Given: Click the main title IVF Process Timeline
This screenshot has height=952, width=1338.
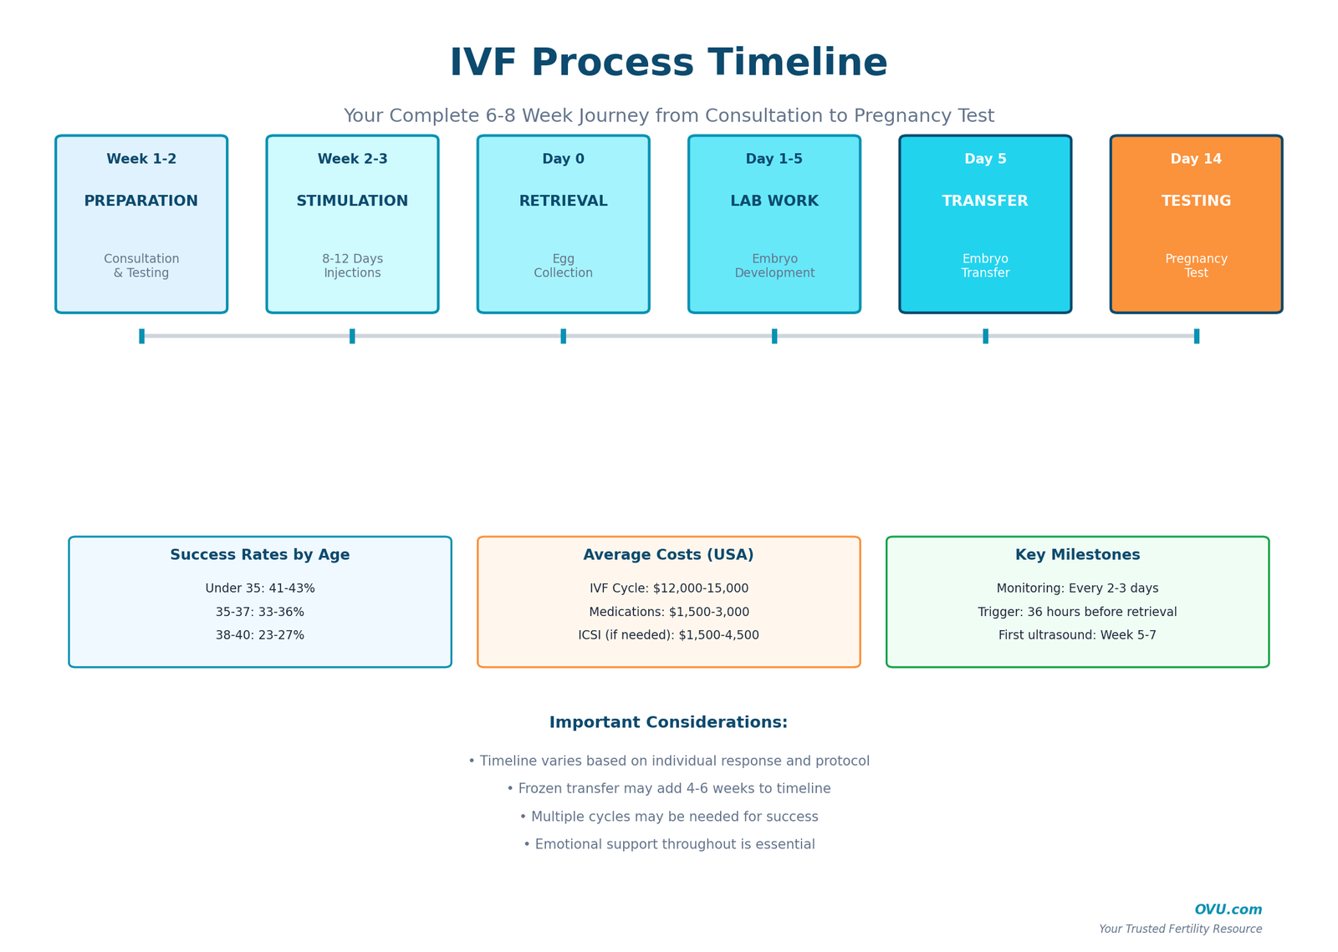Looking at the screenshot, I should coord(668,64).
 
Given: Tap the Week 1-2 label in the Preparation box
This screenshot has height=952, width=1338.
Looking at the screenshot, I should coord(141,159).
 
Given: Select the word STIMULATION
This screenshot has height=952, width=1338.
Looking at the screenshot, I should coord(352,201).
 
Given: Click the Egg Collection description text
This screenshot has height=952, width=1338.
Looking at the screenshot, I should coord(563,266).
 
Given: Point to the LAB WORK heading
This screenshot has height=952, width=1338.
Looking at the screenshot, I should coord(774,201).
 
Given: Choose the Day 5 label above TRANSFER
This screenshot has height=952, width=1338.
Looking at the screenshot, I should coord(985,159).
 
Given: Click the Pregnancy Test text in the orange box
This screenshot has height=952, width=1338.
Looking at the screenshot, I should coord(1196,266).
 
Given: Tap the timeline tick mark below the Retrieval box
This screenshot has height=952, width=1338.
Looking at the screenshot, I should coord(564,336).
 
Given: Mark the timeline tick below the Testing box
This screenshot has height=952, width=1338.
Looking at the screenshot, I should coord(1197,336).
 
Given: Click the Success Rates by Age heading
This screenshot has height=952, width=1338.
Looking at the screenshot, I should coord(260,555).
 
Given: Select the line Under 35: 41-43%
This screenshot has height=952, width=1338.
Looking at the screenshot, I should coord(260,588).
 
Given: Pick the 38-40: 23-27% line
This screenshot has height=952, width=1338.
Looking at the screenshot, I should coord(260,635).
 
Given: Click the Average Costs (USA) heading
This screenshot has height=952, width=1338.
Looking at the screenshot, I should coord(668,555).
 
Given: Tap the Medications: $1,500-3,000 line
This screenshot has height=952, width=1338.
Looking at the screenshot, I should coord(669,612).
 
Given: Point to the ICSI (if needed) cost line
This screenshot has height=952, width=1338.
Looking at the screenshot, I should coord(668,635).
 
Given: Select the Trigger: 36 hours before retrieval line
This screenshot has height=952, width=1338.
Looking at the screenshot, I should coord(1077,612).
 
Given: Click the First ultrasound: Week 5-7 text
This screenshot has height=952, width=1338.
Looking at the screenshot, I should coord(1077,635).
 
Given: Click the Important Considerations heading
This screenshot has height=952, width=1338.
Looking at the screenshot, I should coord(668,723).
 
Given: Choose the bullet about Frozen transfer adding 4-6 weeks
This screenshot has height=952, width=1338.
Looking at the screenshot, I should coord(669,789).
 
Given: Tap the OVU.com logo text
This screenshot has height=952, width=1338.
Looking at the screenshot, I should coord(1228,910).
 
